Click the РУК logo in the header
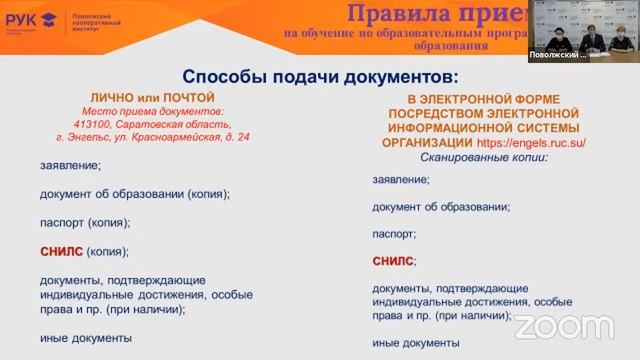(x=30, y=19)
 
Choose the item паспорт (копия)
(x=83, y=223)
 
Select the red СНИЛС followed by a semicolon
(x=391, y=261)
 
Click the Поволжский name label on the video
(x=558, y=56)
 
